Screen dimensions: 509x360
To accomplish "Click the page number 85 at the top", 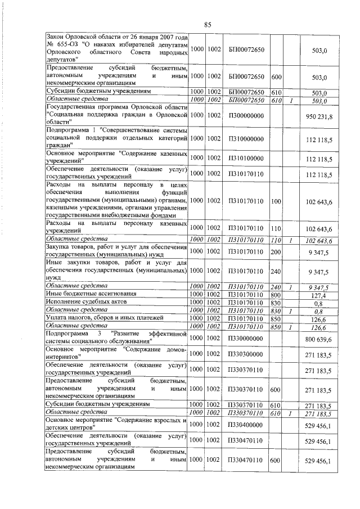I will [x=207, y=24].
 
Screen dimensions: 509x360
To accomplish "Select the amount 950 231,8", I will [x=319, y=115].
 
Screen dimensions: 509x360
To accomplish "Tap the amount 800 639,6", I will [x=319, y=339].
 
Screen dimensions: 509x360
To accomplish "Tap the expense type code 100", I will [x=276, y=200].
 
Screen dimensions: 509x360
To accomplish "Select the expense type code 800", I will [x=276, y=294].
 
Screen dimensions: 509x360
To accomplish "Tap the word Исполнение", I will [x=65, y=302].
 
